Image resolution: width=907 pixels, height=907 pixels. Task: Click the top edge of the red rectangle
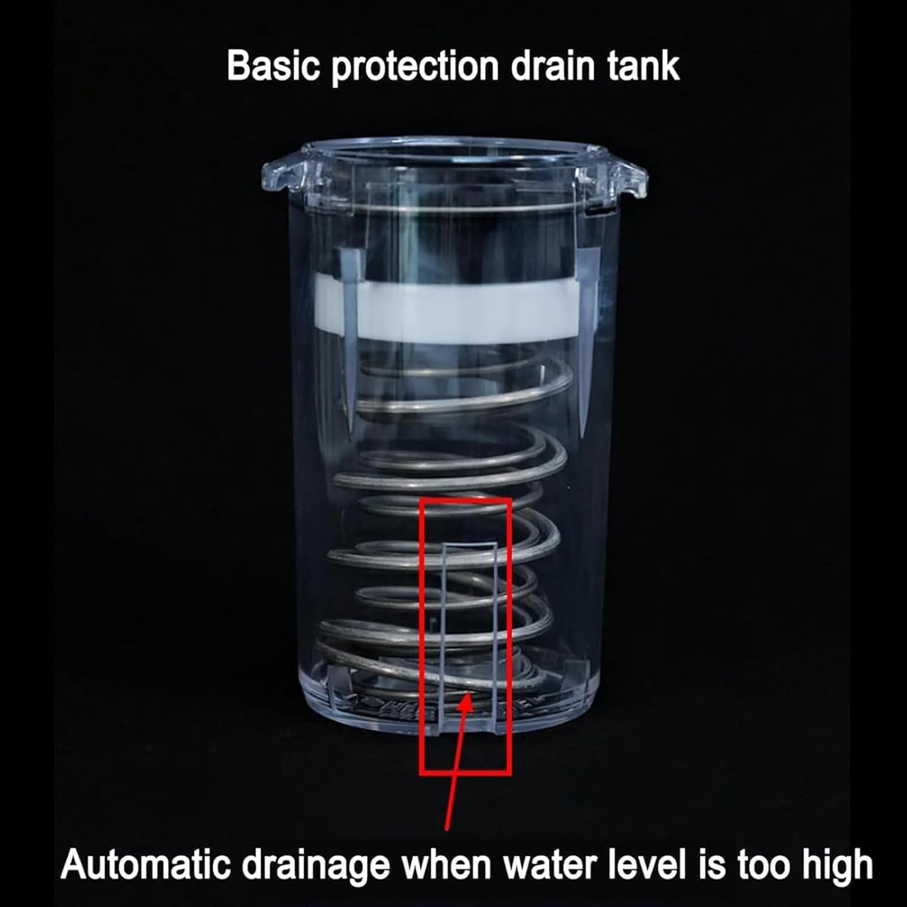tap(465, 501)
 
